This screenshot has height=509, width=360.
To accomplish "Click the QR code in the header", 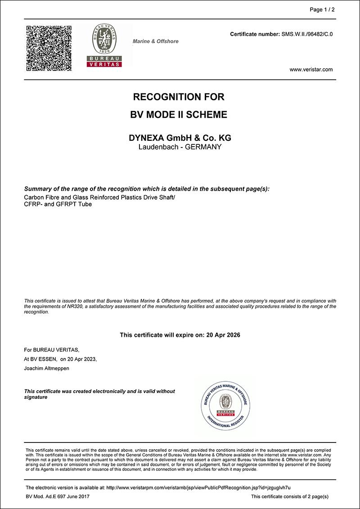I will (49, 48).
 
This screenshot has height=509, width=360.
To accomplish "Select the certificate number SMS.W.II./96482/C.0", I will (307, 34).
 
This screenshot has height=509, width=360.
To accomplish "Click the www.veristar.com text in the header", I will (311, 69).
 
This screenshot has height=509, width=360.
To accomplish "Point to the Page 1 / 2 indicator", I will (323, 10).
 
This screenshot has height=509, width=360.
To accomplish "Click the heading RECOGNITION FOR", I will (179, 97).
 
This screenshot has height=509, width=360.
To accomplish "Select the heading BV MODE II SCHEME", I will (179, 115).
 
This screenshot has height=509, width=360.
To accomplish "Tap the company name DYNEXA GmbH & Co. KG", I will (180, 138).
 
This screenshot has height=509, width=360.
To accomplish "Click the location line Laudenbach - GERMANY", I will (180, 147).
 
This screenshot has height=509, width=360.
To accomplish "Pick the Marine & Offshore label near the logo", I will (155, 41).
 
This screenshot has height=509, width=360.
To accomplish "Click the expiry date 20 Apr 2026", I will (222, 335).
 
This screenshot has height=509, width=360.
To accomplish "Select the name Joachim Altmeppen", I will (47, 368).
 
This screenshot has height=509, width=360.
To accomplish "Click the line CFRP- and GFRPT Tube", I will (58, 204).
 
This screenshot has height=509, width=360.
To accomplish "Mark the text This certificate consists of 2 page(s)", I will (290, 496).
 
